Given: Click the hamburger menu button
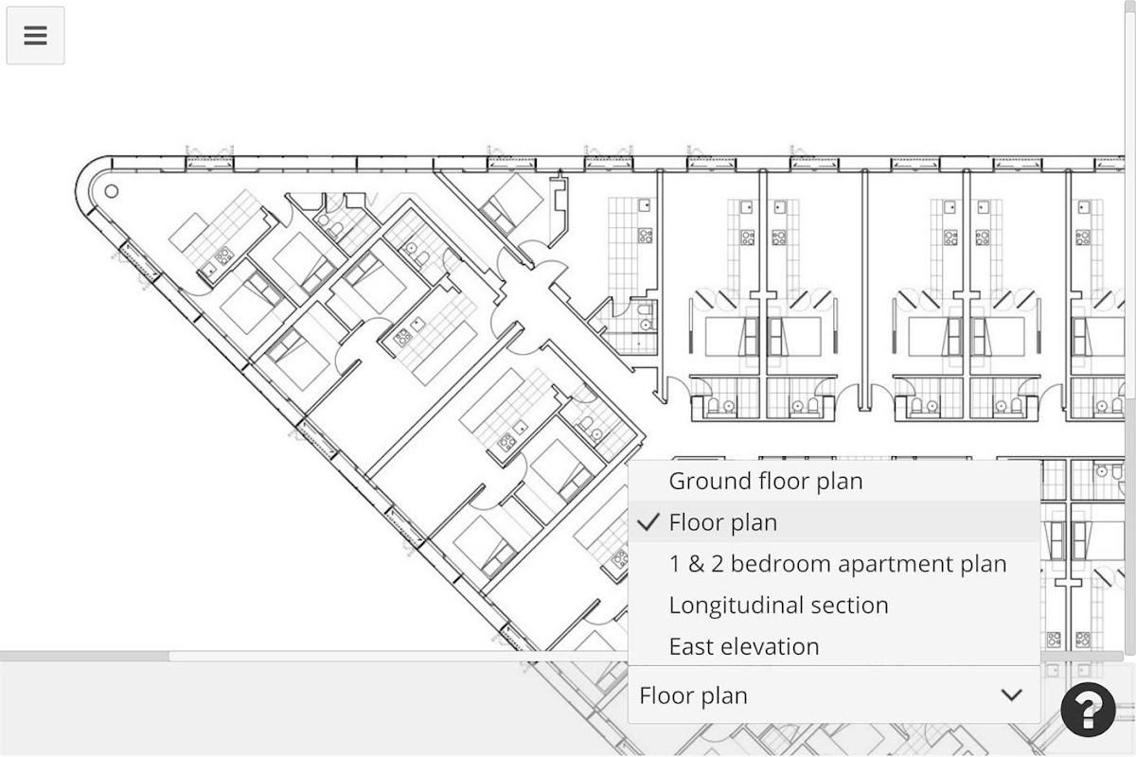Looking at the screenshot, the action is point(36,36).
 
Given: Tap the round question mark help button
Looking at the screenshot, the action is point(1088,710).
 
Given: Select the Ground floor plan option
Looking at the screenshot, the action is point(766,482).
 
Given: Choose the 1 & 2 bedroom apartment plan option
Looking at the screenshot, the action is point(838,564).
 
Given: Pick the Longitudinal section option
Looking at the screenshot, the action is point(778,606).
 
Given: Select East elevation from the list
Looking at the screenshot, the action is point(744,646).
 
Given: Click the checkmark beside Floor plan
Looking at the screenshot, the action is point(648,521).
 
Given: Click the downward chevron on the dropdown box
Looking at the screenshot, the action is point(1012,695).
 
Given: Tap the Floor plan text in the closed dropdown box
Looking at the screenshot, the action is point(693,695).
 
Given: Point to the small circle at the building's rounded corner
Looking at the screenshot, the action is point(112,191).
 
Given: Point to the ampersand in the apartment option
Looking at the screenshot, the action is point(698,564).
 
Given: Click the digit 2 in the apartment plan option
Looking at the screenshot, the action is point(718,564).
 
